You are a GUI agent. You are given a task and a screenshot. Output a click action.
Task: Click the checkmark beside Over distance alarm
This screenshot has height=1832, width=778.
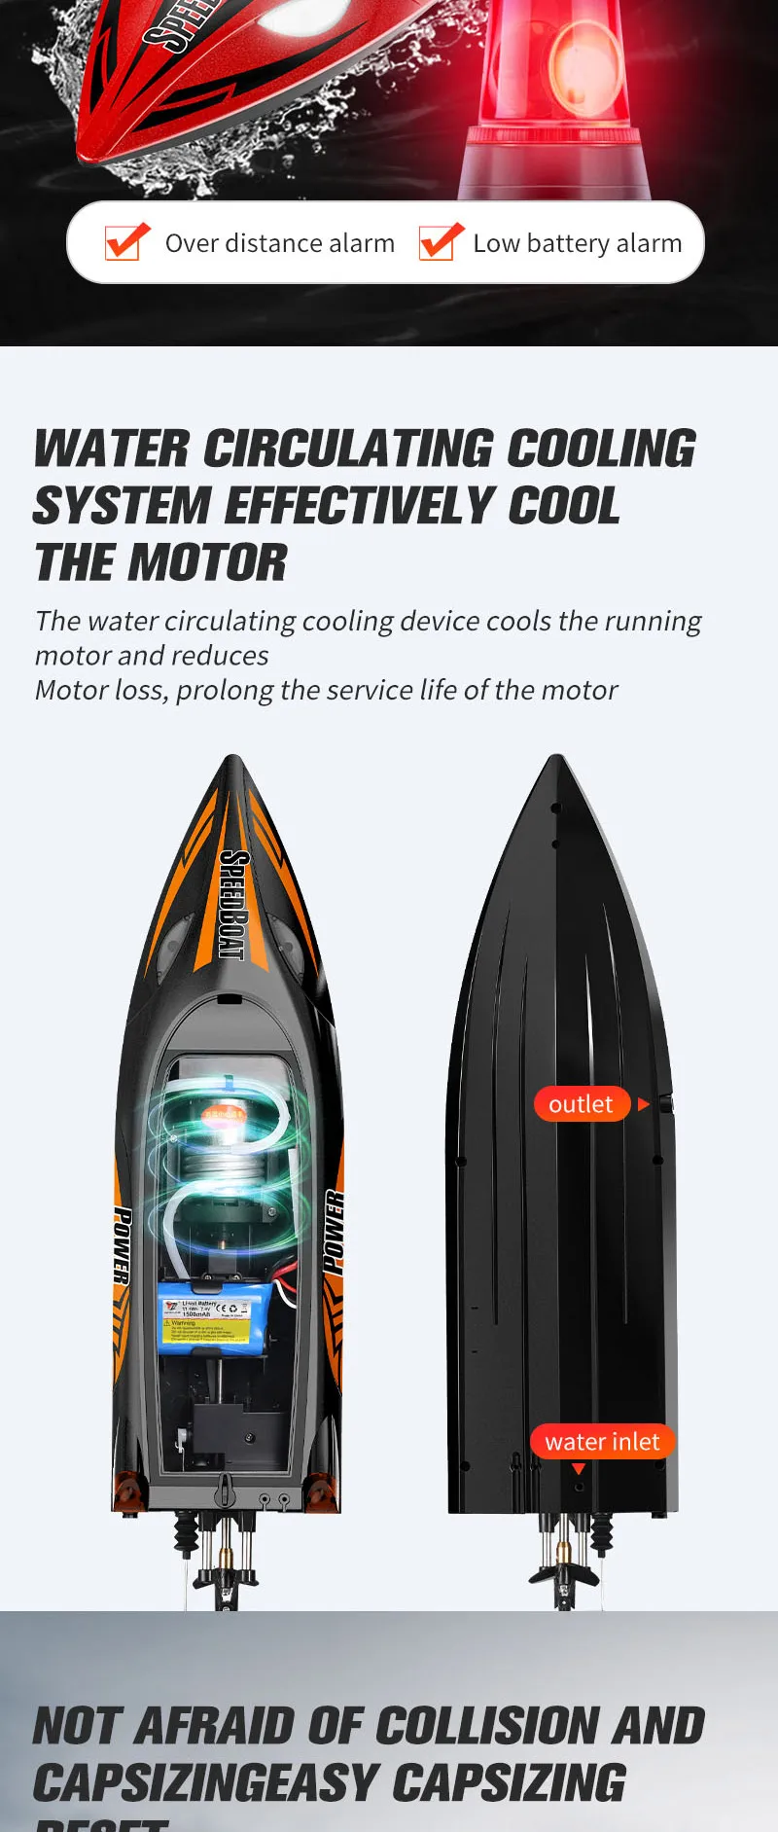[x=126, y=242]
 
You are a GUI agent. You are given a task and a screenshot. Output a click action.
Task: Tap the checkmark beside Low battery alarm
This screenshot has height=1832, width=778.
[x=441, y=242]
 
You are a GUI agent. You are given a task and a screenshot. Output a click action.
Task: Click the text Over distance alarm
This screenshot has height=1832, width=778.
[x=279, y=243]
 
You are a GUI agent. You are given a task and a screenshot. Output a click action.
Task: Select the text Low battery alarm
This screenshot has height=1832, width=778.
[x=577, y=243]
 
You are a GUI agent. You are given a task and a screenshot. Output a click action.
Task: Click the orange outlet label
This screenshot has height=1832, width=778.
[x=582, y=1104]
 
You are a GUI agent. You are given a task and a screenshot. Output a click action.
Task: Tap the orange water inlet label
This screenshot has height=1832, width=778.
[x=602, y=1442]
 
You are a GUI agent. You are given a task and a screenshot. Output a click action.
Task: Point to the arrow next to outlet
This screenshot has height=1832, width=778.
[x=643, y=1104]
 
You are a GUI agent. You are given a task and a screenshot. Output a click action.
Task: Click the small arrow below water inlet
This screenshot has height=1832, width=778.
[x=579, y=1469]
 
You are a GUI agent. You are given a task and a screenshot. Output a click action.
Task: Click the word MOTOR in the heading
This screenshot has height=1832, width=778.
[x=207, y=563]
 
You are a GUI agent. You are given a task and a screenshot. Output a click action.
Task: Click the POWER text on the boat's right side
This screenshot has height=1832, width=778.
[x=334, y=1231]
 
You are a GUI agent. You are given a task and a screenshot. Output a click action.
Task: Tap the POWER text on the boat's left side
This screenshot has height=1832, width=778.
[x=123, y=1245]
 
